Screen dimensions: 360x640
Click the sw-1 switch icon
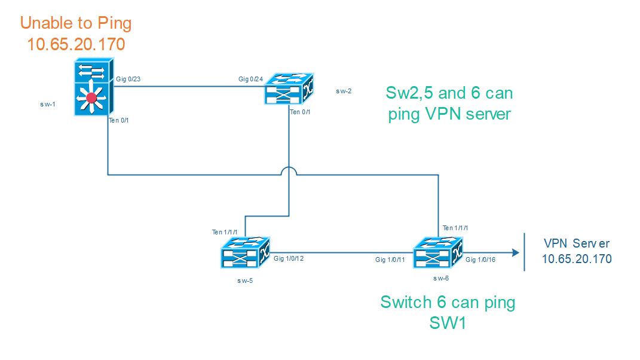[x=91, y=87]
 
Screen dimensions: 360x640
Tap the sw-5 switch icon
[x=246, y=252]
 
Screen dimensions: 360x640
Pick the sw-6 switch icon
[x=438, y=252]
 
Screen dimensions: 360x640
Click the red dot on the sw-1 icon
[x=91, y=98]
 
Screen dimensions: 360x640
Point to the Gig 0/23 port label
[x=128, y=79]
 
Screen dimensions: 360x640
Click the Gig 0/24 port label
[x=250, y=79]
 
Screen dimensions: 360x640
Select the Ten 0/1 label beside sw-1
[x=119, y=121]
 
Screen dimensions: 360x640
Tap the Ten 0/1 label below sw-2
[x=301, y=112]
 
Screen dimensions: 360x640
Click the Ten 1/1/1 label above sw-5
[x=225, y=232]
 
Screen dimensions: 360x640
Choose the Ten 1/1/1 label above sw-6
[x=455, y=228]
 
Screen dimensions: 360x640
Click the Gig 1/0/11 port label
[x=390, y=260]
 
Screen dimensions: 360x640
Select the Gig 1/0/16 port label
[x=480, y=260]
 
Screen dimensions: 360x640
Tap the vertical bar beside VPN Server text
[x=525, y=252]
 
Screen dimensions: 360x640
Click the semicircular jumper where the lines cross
[x=289, y=171]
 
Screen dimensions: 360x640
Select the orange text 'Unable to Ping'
[x=76, y=24]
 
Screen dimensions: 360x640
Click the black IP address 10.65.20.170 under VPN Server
[x=576, y=259]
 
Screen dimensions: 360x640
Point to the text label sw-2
[x=344, y=91]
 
